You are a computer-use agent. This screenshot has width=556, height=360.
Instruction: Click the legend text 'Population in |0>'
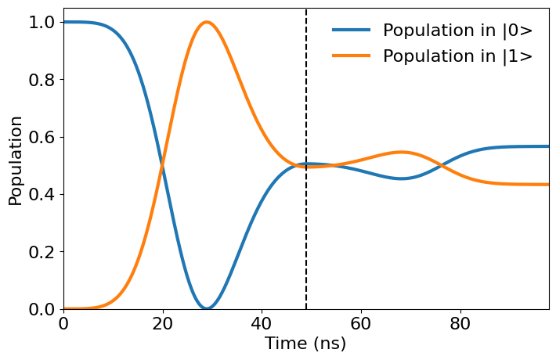(x=457, y=31)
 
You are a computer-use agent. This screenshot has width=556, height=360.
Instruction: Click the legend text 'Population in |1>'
(x=457, y=56)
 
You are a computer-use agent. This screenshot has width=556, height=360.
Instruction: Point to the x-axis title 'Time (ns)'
(x=305, y=344)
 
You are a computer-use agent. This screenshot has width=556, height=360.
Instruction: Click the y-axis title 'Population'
(x=16, y=160)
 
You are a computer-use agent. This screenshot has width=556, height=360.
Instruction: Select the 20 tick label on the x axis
(x=162, y=322)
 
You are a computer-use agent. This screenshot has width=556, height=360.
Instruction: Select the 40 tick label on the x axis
(x=262, y=322)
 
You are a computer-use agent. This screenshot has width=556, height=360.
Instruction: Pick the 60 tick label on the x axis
(x=360, y=322)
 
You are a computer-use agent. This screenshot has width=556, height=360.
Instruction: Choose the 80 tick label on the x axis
(x=460, y=322)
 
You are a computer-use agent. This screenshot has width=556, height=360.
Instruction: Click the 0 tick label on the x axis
(x=63, y=322)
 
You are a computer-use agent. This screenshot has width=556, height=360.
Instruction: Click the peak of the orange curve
(x=207, y=22)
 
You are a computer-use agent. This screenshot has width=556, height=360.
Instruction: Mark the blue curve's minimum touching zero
(x=207, y=308)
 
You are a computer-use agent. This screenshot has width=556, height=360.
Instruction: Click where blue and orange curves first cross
(x=163, y=165)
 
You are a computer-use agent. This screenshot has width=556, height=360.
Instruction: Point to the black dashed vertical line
(x=306, y=235)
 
